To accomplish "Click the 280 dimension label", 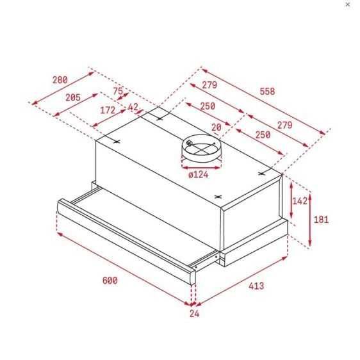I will [60, 80].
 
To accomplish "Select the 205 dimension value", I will [73, 97].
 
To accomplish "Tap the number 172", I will [108, 110].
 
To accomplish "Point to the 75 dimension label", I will [117, 92].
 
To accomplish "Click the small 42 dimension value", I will [133, 107].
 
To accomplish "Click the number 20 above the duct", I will [216, 127].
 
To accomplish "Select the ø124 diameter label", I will [199, 174].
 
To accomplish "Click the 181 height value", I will [321, 220].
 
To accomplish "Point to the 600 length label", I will [110, 280].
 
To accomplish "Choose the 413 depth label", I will [256, 286].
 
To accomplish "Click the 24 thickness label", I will [195, 314].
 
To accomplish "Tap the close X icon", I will [348, 4].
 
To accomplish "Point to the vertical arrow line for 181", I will [310, 220].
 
